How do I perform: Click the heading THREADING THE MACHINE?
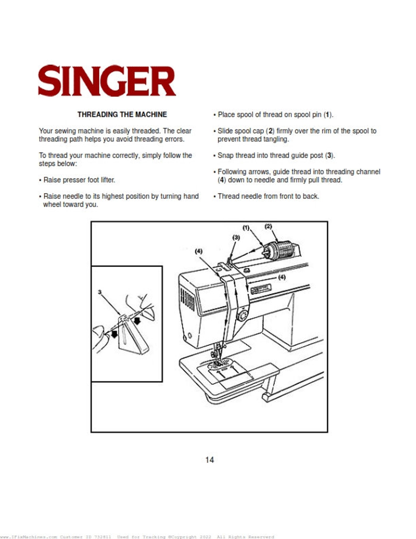pyautogui.click(x=122, y=114)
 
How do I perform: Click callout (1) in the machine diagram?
pyautogui.click(x=245, y=228)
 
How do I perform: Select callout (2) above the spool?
pyautogui.click(x=268, y=226)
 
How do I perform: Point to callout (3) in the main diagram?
pyautogui.click(x=236, y=237)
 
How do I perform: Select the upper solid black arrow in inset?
pyautogui.click(x=137, y=320)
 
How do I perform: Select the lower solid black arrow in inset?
pyautogui.click(x=114, y=334)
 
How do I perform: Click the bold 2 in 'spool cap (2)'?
pyautogui.click(x=270, y=131)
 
